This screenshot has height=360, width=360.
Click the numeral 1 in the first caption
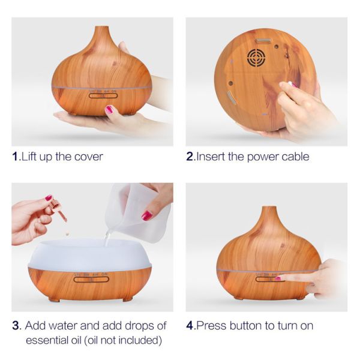coord(15,157)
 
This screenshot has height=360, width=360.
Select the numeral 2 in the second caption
coord(190,157)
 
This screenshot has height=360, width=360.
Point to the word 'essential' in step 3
coord(47,340)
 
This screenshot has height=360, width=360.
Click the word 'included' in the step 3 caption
coord(137,340)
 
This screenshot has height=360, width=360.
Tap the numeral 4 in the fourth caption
coord(190,326)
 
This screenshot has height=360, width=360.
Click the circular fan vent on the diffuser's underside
coord(256,58)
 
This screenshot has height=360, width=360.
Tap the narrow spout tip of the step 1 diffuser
coord(101,28)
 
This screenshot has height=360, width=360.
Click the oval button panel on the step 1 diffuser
coord(103,95)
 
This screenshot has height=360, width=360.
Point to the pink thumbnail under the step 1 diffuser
coord(109,110)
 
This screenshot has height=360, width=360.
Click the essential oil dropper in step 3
coord(59,210)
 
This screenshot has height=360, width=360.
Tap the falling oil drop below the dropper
coord(67,233)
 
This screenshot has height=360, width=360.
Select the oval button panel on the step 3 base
coord(91,280)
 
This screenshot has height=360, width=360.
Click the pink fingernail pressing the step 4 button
coord(278,279)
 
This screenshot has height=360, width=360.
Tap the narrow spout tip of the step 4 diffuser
coord(269,208)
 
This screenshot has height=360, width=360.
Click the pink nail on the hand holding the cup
coord(146,216)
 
